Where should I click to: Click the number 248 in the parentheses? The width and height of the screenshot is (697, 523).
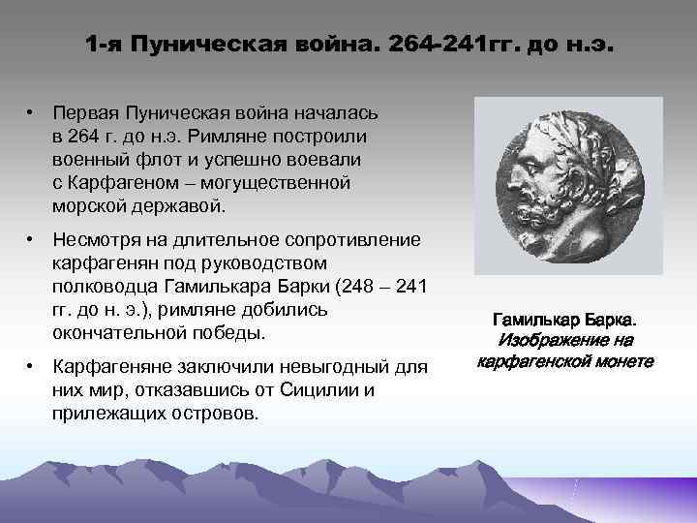pyautogui.click(x=363, y=286)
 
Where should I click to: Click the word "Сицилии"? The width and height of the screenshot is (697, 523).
pyautogui.click(x=329, y=390)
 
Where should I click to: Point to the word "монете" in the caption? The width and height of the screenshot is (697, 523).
pyautogui.click(x=619, y=362)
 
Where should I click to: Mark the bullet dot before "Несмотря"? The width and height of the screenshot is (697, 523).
pyautogui.click(x=32, y=240)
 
